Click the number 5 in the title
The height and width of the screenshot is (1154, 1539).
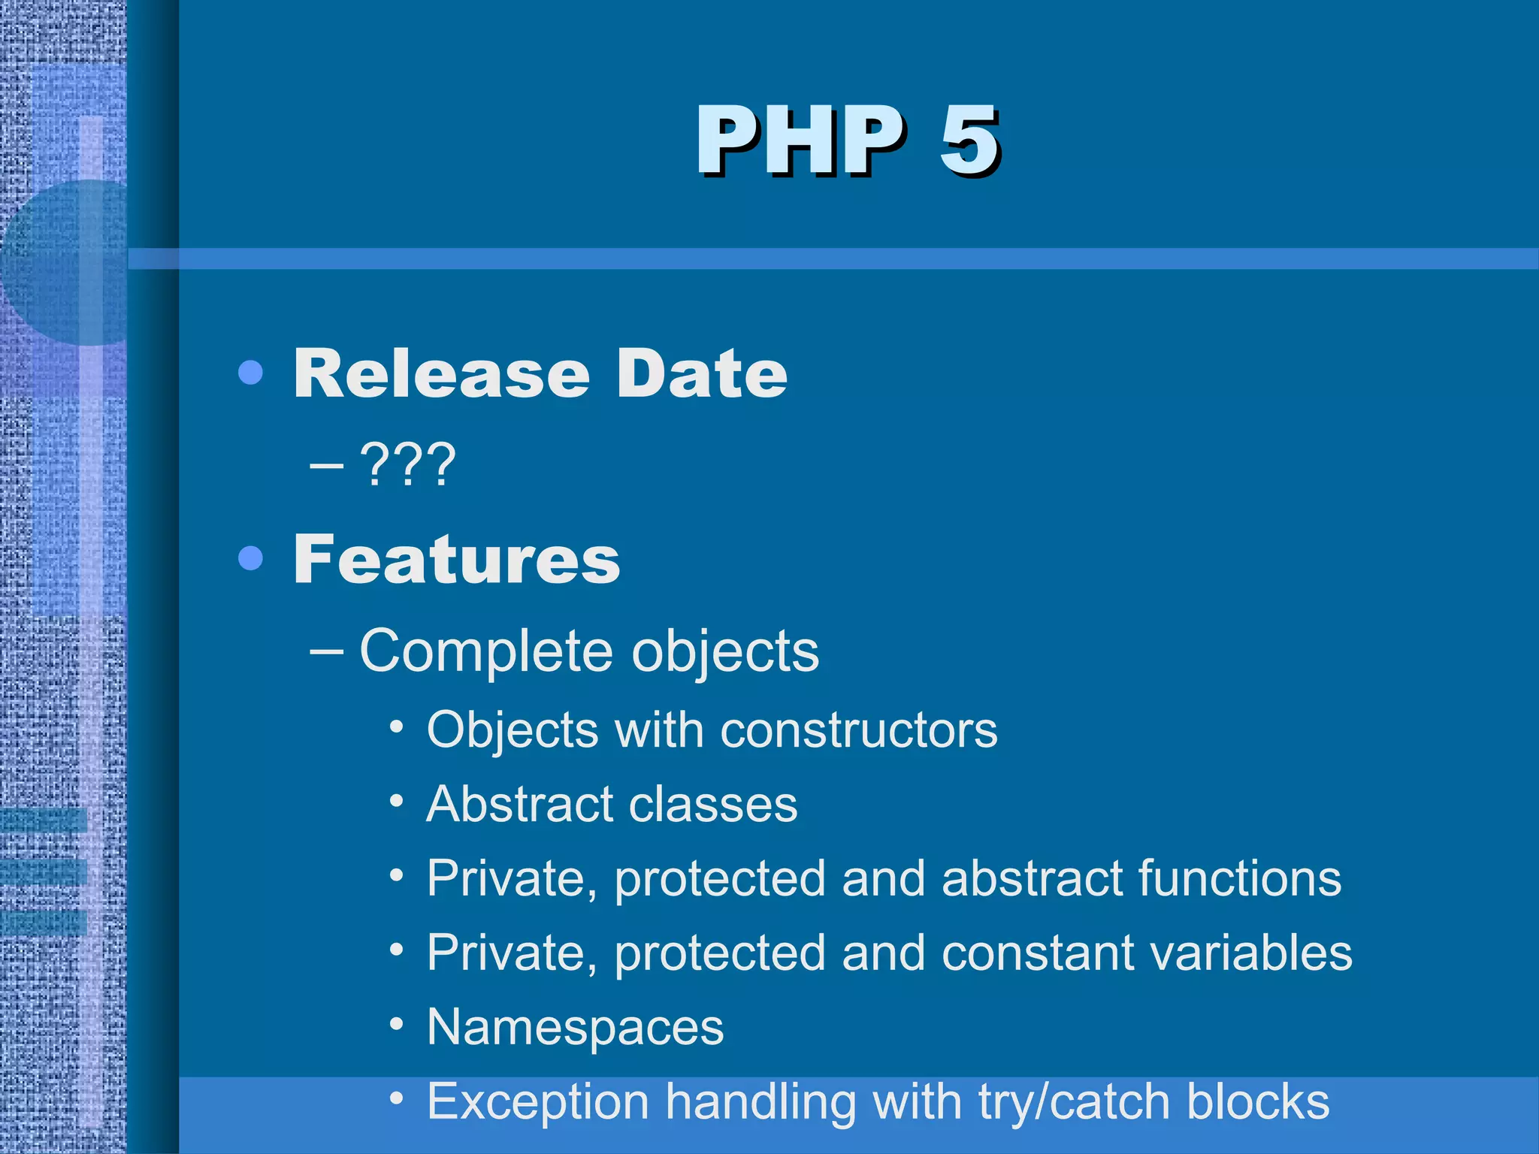coord(969,140)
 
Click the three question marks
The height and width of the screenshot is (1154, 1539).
coord(408,465)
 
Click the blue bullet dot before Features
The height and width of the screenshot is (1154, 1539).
coord(250,558)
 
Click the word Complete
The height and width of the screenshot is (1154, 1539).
coord(487,651)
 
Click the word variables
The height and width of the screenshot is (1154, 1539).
coord(1251,953)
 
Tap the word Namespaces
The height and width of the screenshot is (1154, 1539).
coord(575,1027)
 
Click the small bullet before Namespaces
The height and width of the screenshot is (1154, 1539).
coord(397,1024)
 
